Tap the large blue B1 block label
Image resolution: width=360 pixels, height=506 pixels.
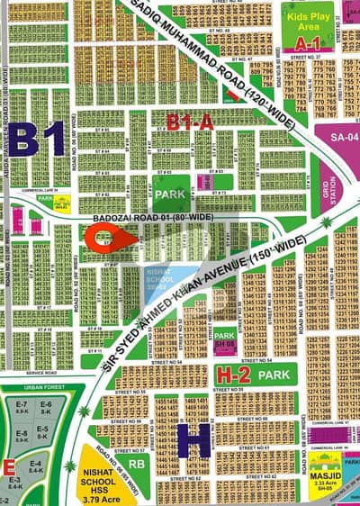(x=38, y=139)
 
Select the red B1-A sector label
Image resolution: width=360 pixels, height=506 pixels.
(x=190, y=122)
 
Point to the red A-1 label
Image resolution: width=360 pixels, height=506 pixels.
(x=308, y=42)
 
